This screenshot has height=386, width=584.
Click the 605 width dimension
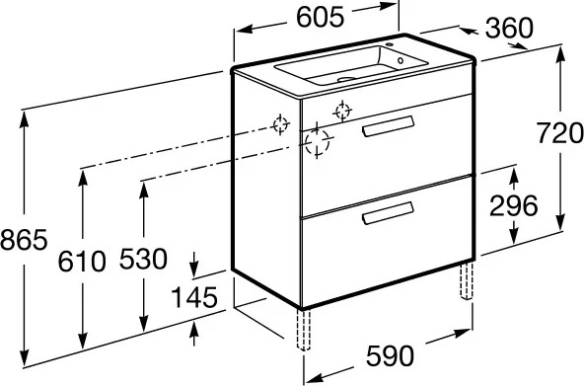pos(320,17)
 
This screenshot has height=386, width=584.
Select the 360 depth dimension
pos(509,28)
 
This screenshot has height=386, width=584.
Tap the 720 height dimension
pos(559,133)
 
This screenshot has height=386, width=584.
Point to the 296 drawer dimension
pos(514,205)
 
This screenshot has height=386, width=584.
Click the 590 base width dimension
pos(390,355)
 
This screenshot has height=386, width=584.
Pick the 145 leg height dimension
pos(193,297)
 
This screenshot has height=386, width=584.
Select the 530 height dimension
pos(143,259)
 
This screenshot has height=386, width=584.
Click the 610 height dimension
pos(82,262)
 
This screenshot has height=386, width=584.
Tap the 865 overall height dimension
pos(24,239)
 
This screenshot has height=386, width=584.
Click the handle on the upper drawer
pos(388,126)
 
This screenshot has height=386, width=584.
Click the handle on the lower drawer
pos(388,213)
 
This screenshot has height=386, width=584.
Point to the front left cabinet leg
pos(304,330)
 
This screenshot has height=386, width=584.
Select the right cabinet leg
pos(467,280)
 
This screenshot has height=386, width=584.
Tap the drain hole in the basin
pos(346,79)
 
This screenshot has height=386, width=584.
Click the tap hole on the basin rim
pos(390,45)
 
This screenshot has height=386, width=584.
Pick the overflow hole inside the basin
pos(401,60)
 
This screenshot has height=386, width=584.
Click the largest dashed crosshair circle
pos(317,141)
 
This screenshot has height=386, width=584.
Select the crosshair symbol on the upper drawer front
pos(342,111)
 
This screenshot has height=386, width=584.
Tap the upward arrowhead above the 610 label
pos(82,178)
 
